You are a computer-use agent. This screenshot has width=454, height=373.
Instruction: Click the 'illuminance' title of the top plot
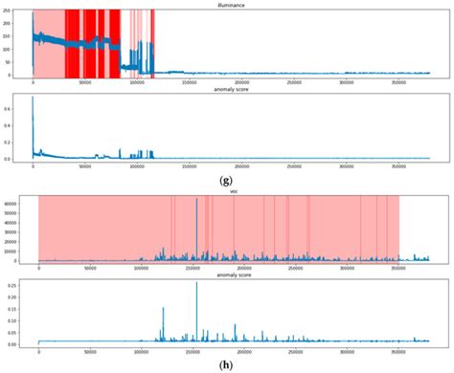[230, 4]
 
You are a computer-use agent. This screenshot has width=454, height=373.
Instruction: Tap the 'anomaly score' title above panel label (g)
[230, 91]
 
